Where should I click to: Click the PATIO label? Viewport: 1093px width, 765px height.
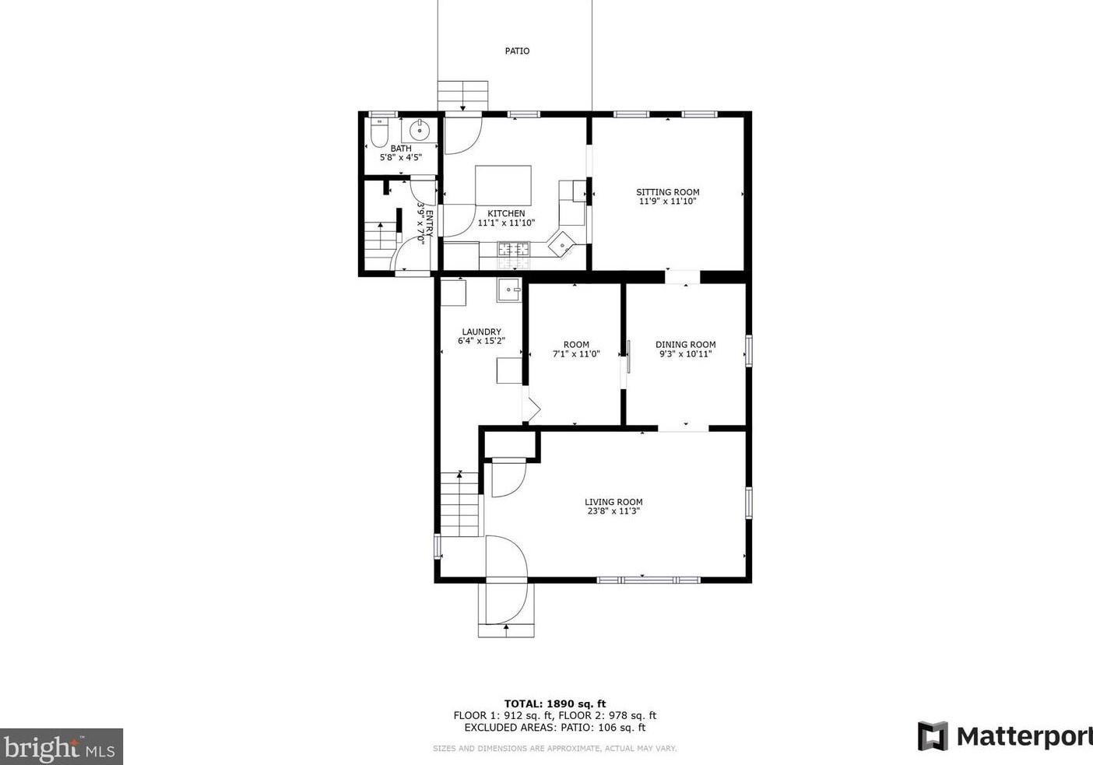(x=517, y=51)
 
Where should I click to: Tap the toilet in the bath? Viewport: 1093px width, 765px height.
(x=379, y=135)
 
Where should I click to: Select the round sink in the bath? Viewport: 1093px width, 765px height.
(x=420, y=129)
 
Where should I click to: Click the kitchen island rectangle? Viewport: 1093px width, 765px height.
(x=503, y=185)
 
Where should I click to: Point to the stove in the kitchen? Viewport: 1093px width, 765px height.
(x=513, y=250)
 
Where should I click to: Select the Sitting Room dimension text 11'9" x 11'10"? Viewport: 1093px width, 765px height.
(x=667, y=202)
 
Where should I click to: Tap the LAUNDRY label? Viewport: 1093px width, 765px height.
(x=481, y=332)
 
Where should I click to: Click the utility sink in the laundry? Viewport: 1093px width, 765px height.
(x=508, y=290)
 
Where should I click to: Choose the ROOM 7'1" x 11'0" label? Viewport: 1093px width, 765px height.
(x=576, y=349)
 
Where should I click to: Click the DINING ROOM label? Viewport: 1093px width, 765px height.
(x=685, y=345)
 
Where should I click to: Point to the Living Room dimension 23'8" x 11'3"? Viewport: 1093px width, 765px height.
(x=613, y=512)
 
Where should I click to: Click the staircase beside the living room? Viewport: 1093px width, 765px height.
(x=459, y=504)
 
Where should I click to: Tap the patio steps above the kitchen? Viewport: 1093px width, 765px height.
(x=462, y=96)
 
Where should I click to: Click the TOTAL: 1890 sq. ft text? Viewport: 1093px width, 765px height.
(x=554, y=704)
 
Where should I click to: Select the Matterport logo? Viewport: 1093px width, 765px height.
(x=1004, y=736)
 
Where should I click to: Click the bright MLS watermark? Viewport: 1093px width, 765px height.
(x=61, y=747)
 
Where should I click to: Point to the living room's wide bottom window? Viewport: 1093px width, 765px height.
(x=648, y=580)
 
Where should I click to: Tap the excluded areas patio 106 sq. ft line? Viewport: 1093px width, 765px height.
(x=554, y=728)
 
